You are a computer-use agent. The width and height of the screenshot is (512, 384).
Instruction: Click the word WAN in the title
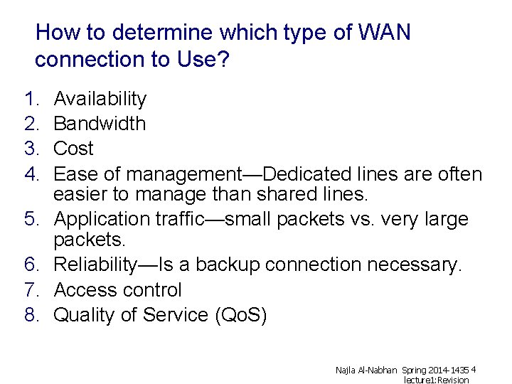coord(384,33)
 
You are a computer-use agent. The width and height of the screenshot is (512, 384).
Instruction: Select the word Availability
coord(100,99)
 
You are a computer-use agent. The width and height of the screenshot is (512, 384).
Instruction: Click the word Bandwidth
coord(100,124)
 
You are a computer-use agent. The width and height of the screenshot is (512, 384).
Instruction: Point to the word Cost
coord(73,149)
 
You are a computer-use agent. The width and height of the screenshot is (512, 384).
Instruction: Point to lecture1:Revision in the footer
coord(437,380)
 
